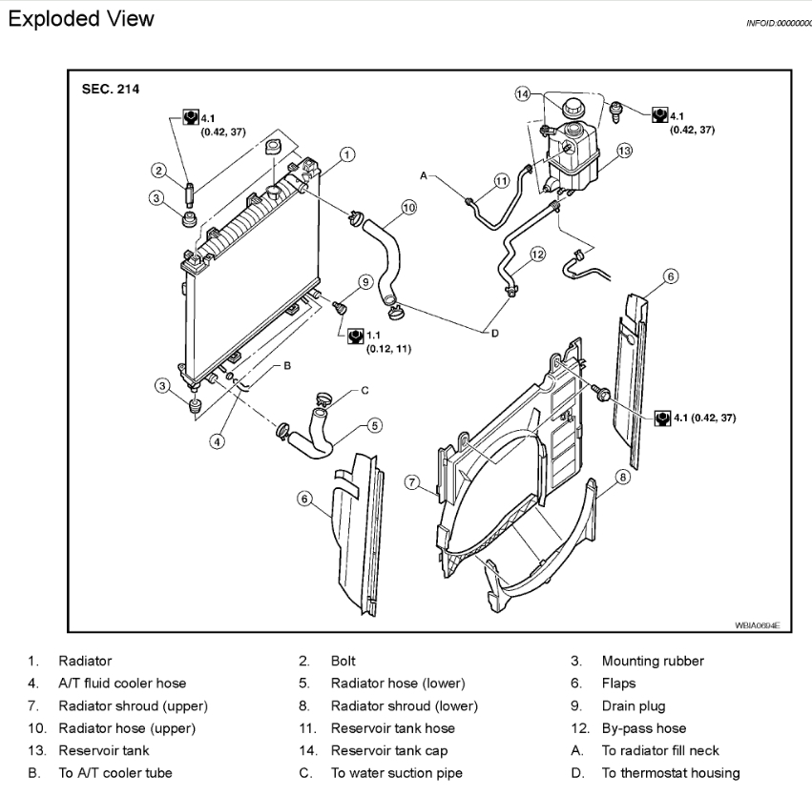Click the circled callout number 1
pos(347,153)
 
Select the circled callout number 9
pos(364,281)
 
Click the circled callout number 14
pos(522,94)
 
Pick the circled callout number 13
pos(624,151)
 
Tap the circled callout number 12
pos(537,255)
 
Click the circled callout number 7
pos(413,483)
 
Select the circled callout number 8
pos(622,477)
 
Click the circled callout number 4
pos(219,441)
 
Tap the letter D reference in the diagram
pos(495,333)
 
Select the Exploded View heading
pos(80,18)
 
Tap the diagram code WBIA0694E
pos(758,625)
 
